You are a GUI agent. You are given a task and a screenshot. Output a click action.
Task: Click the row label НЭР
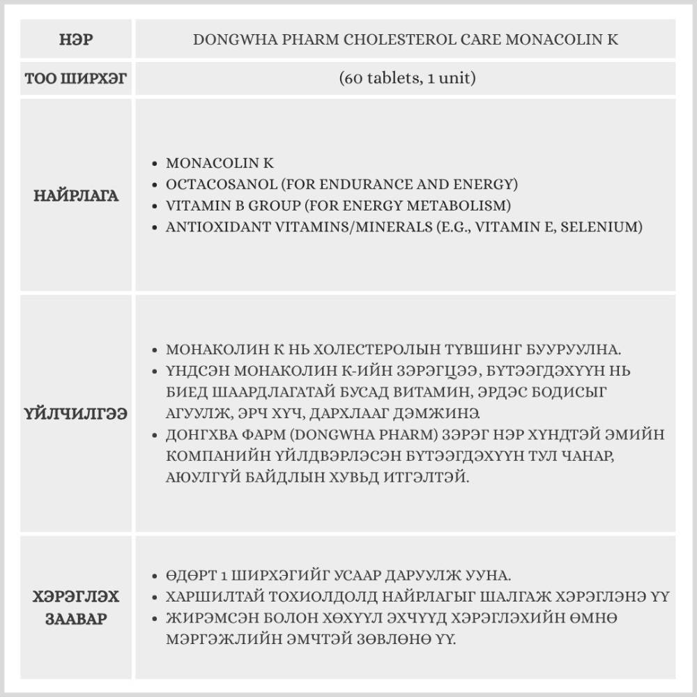[x=76, y=40]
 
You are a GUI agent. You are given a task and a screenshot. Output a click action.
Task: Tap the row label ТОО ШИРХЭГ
[x=76, y=78]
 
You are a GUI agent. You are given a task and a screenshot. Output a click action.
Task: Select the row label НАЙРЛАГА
[x=76, y=196]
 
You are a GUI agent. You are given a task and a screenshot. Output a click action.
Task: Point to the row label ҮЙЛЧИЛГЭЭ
[x=76, y=414]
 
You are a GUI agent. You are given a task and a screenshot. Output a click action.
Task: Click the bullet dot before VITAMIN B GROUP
[x=155, y=206]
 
